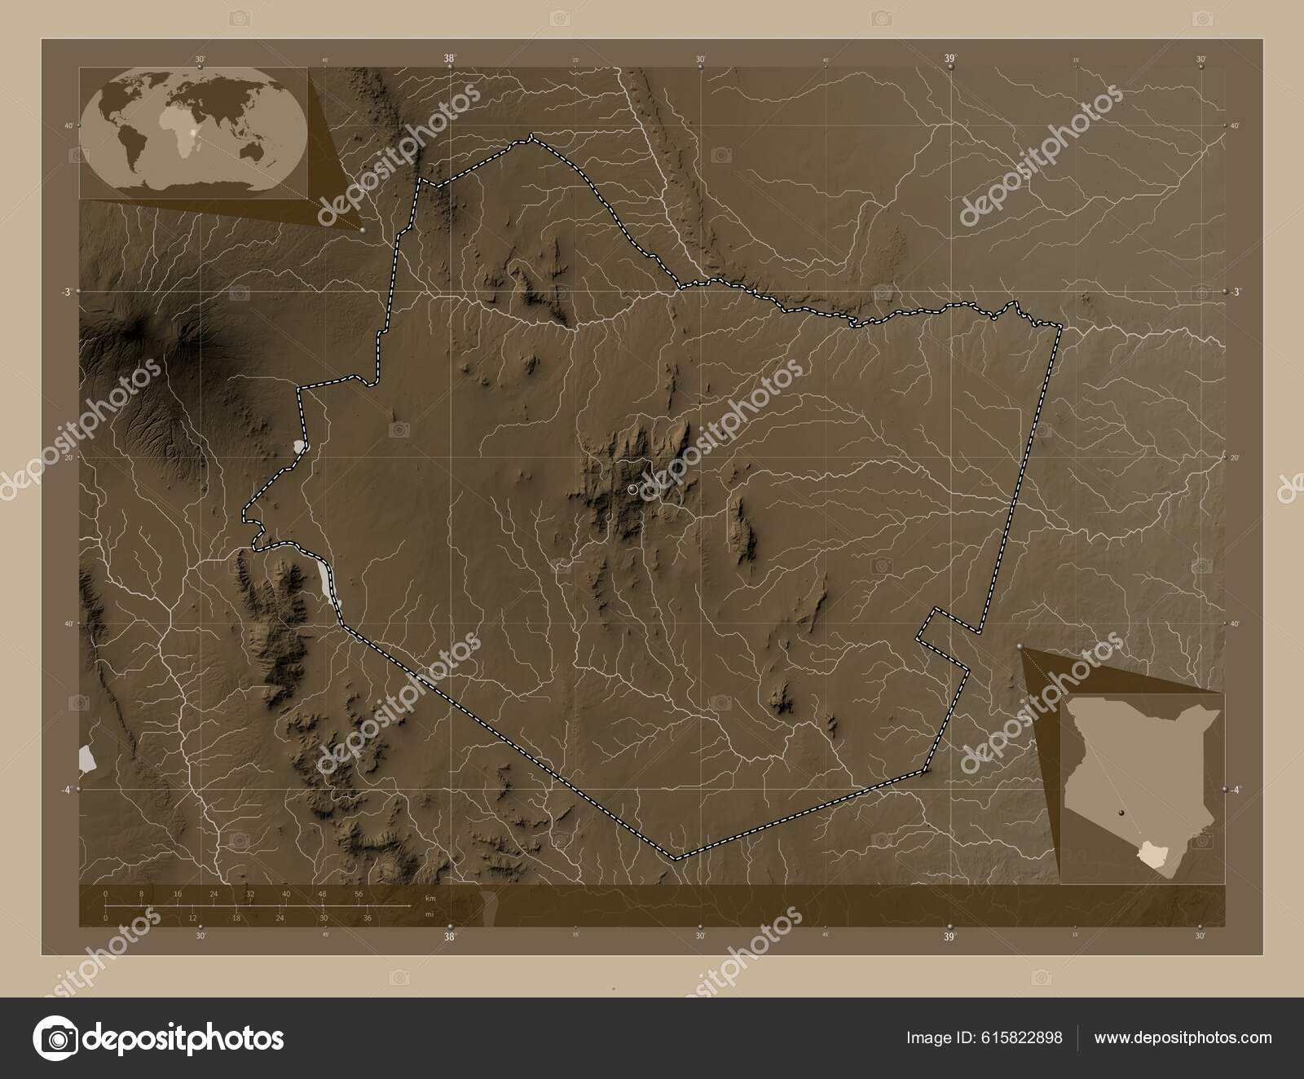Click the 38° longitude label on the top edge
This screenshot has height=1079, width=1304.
pos(449,59)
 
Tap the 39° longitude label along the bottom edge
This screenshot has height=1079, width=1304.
pos(949,937)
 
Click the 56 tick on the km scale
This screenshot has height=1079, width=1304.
pos(359,895)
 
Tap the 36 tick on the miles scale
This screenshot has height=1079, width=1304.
pos(367,918)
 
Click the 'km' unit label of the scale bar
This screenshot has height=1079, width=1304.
pos(430,898)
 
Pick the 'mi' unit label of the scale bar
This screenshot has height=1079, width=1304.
pos(429,914)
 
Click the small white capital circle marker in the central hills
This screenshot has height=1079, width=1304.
pos(633,489)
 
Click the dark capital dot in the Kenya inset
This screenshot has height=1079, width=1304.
pos(1121,813)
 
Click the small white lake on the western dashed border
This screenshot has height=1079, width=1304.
pos(300,447)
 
